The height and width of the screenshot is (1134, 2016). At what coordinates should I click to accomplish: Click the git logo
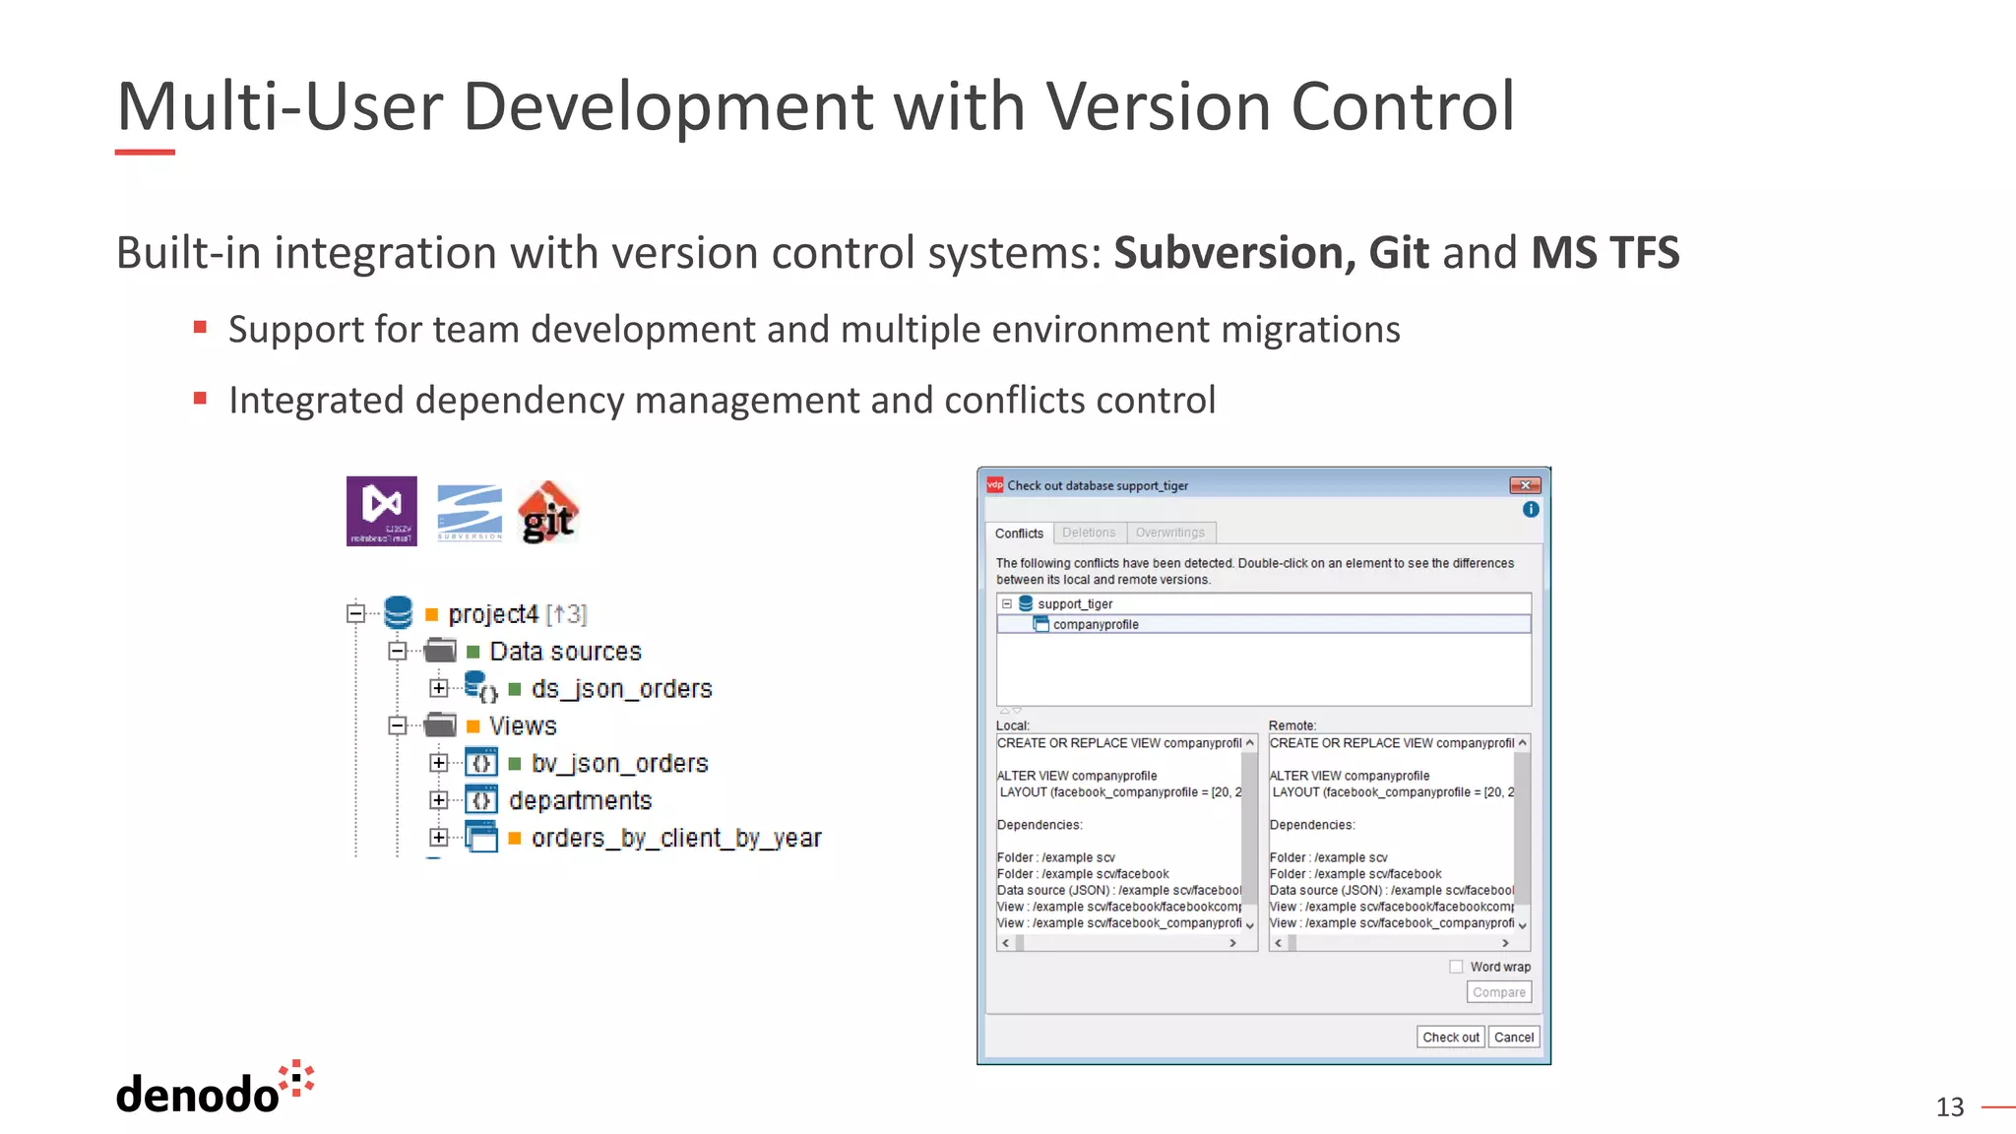coord(548,512)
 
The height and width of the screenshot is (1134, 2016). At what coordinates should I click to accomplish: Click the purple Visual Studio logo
coord(382,511)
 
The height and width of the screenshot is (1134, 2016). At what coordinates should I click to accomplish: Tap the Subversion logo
coord(470,512)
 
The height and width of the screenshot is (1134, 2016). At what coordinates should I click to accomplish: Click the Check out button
coord(1450,1037)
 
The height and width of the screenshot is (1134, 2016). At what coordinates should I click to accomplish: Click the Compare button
coord(1498,992)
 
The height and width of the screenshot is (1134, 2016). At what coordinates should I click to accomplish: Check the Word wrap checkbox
coord(1456,967)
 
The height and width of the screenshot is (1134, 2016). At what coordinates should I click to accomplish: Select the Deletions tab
coord(1089,533)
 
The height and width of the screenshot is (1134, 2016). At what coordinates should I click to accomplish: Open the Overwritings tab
coord(1169,533)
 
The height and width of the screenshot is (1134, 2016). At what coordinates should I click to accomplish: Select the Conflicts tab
coord(1019,534)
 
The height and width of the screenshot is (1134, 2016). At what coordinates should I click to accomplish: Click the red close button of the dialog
coord(1525,485)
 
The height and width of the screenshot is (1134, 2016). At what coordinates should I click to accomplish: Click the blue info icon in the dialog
coord(1531,509)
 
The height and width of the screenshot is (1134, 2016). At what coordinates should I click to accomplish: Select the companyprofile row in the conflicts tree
coord(1096,624)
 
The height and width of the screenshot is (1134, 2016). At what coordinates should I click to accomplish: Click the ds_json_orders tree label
coord(621,689)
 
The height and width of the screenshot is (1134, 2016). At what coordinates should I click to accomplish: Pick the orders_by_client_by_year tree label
coord(676,838)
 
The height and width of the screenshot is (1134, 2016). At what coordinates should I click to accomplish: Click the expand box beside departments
coord(439,800)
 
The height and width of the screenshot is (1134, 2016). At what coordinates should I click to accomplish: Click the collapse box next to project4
coord(356,613)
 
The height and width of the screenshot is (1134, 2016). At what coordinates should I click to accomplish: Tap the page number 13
coord(1949,1107)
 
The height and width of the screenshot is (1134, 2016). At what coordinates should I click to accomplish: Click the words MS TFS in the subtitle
coord(1605,253)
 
